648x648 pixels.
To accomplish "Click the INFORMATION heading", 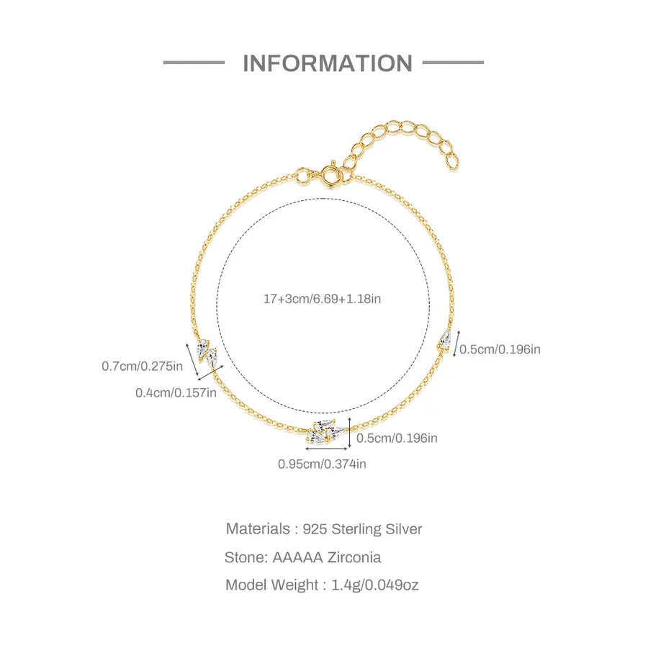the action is tap(328, 63).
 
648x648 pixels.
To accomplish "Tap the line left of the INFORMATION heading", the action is tap(194, 63).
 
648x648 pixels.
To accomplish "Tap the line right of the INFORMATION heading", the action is tap(453, 63).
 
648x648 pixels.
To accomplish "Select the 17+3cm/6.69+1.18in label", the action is tap(323, 299).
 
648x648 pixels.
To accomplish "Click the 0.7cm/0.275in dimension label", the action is tap(142, 366).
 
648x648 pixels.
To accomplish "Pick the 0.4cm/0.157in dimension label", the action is tap(176, 392).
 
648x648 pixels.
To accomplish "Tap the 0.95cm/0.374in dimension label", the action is tap(322, 464).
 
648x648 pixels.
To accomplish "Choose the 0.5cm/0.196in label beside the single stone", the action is tap(500, 349).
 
